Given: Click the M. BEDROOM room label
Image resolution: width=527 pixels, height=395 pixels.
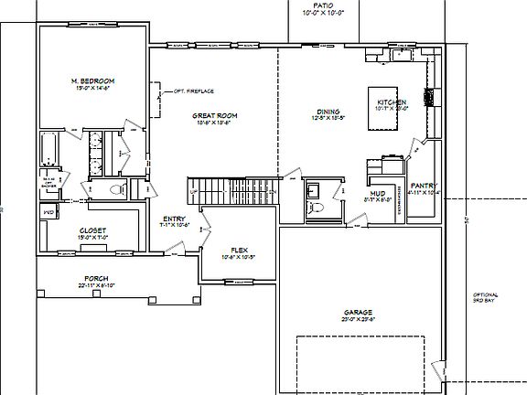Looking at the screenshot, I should click(x=91, y=81).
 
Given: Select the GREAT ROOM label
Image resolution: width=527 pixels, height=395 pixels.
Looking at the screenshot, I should click(x=214, y=116).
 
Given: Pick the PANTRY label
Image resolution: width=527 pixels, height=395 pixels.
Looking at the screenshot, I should click(x=424, y=185).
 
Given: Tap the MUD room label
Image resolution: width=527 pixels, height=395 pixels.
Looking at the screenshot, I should click(x=378, y=193).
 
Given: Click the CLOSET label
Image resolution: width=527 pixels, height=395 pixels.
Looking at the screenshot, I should click(x=92, y=230).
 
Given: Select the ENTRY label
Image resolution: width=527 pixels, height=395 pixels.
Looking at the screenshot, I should click(x=174, y=219).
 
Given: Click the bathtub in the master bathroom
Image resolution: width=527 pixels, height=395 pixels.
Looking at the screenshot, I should click(x=49, y=151).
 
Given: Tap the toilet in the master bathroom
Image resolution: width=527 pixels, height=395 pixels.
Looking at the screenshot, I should click(x=116, y=189).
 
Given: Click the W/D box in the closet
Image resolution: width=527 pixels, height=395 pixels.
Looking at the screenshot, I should click(x=48, y=212).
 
